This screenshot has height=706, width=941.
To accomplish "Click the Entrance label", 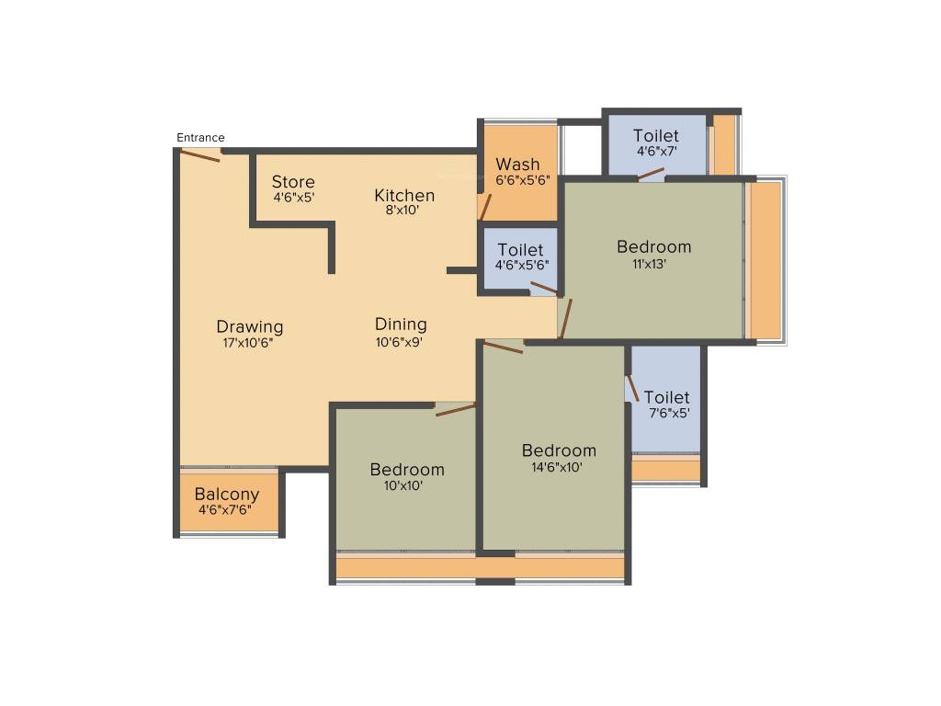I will coord(200,138).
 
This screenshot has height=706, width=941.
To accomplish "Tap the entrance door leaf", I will coord(200,154).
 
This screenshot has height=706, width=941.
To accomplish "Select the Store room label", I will coord(293,182).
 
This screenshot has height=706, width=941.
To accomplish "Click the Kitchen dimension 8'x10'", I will coord(402,210).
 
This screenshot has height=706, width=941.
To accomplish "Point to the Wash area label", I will coord(518,165).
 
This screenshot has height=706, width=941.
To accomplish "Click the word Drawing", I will coord(250,326).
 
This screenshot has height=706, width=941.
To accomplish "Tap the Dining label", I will coord(401,324).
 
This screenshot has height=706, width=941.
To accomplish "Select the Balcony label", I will coord(227,495).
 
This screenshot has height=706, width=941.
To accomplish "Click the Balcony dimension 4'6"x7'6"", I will coord(225,510).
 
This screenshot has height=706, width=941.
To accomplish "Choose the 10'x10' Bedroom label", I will coord(407,470).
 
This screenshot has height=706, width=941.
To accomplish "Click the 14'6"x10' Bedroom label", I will coord(559,450).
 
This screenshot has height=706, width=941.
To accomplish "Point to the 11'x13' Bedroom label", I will coord(653,246).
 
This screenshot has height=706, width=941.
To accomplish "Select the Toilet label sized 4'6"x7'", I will coord(656,136).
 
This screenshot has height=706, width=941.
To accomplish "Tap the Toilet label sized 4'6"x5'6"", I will coord(520,250).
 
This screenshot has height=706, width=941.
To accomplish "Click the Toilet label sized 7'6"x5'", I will coord(666,397).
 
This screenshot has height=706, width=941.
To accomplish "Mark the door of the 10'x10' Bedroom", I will coord(456,409).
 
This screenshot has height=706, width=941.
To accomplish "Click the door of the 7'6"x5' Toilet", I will coord(632,387).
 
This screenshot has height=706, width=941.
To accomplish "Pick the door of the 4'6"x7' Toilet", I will coord(652,172).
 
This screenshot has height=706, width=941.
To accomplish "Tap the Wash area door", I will coord(484,207).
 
